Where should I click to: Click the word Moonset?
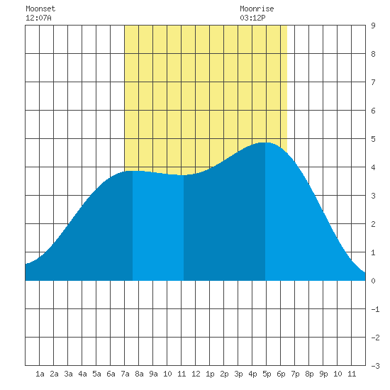click(40, 9)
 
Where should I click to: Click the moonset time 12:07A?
click(38, 18)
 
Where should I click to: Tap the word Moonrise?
click(257, 9)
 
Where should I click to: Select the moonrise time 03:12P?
click(252, 18)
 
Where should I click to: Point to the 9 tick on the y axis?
click(373, 26)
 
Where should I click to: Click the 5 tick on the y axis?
click(373, 139)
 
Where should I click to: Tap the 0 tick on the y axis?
click(373, 281)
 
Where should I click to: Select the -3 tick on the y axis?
click(375, 366)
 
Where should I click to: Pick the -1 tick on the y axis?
click(375, 309)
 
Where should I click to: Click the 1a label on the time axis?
click(40, 374)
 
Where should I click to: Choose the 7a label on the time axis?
click(125, 374)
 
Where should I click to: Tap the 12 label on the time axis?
click(196, 374)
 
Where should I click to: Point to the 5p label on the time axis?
click(267, 374)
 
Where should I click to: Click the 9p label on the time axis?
click(323, 374)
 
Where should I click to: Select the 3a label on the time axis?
click(68, 374)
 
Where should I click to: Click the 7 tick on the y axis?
click(373, 82)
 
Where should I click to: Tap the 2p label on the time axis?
click(224, 374)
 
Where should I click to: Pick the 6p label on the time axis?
click(281, 374)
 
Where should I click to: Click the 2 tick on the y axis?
click(373, 224)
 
